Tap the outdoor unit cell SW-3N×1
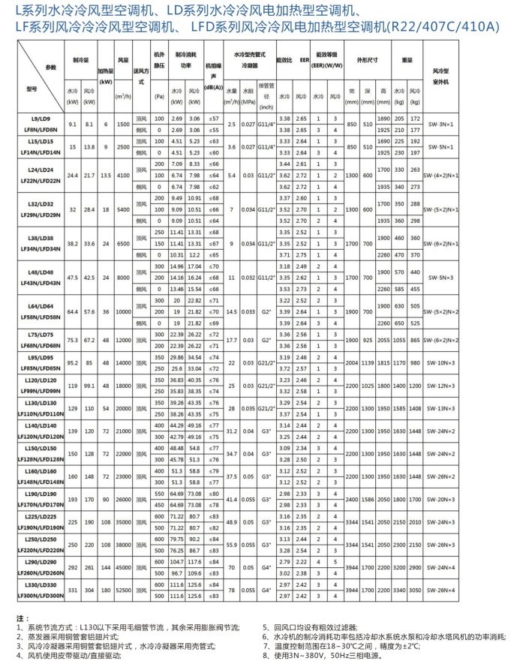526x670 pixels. coord(488,125)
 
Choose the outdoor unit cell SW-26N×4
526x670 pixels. coord(488,590)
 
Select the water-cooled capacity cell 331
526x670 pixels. coord(72,590)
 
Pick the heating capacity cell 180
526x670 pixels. coord(106,590)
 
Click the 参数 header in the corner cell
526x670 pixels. coord(50,67)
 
